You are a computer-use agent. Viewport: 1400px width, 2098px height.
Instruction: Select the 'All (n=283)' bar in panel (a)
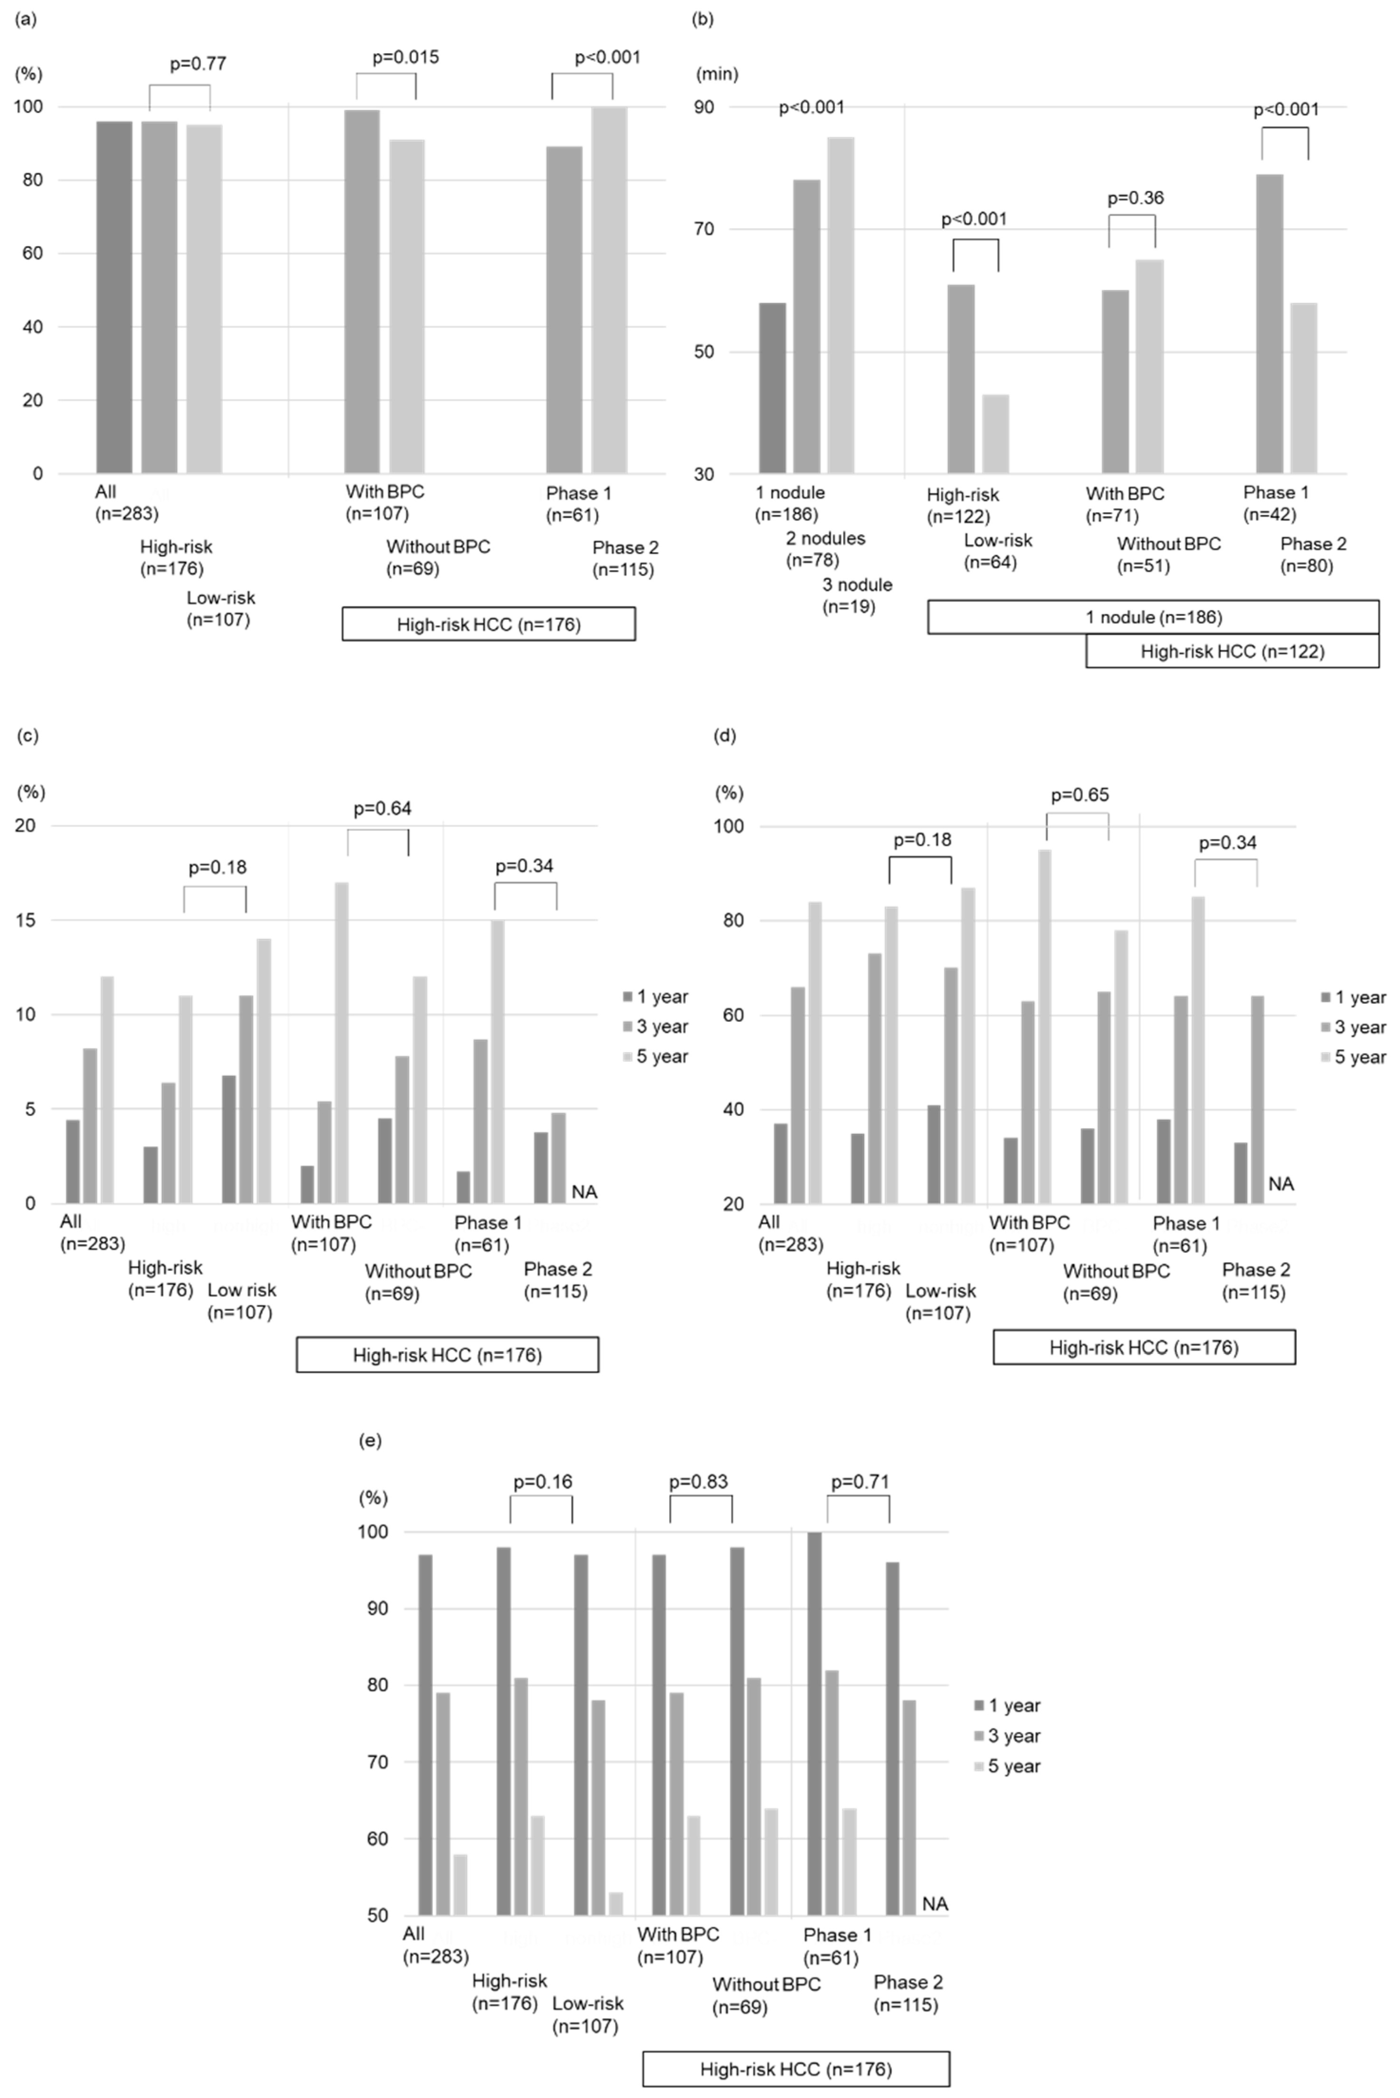pyautogui.click(x=114, y=297)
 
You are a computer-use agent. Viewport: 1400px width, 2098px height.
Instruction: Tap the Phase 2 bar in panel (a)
pyautogui.click(x=609, y=290)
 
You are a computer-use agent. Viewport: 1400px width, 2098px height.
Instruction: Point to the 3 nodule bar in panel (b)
pyautogui.click(x=840, y=306)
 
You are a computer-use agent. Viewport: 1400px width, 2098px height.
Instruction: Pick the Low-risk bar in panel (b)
pyautogui.click(x=996, y=434)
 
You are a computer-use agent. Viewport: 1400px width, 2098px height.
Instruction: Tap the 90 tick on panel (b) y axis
pyautogui.click(x=705, y=107)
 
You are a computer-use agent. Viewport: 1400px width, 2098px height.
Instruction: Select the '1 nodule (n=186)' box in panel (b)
pyautogui.click(x=1153, y=617)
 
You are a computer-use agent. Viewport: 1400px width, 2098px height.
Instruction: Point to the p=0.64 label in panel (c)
pyautogui.click(x=382, y=809)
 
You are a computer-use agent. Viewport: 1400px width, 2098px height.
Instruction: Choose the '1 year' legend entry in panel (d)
pyautogui.click(x=1360, y=997)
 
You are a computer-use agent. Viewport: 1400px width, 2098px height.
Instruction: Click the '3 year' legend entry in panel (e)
pyautogui.click(x=1013, y=1735)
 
